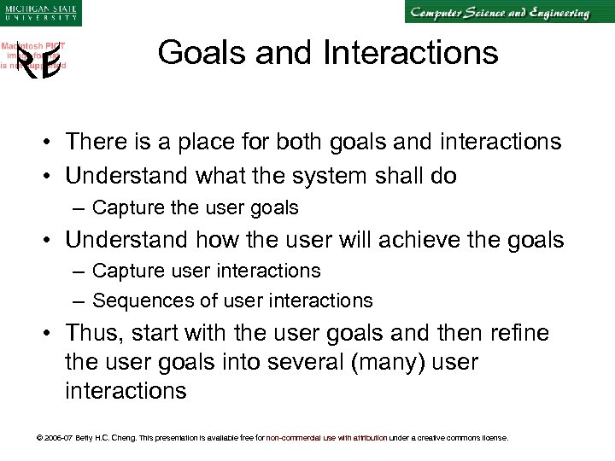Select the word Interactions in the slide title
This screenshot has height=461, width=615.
[411, 54]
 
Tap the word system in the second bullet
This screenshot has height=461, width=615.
[323, 177]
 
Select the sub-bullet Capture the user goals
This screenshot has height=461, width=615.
[195, 208]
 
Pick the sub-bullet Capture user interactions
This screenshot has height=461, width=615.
[206, 271]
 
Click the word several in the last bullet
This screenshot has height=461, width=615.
[300, 362]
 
